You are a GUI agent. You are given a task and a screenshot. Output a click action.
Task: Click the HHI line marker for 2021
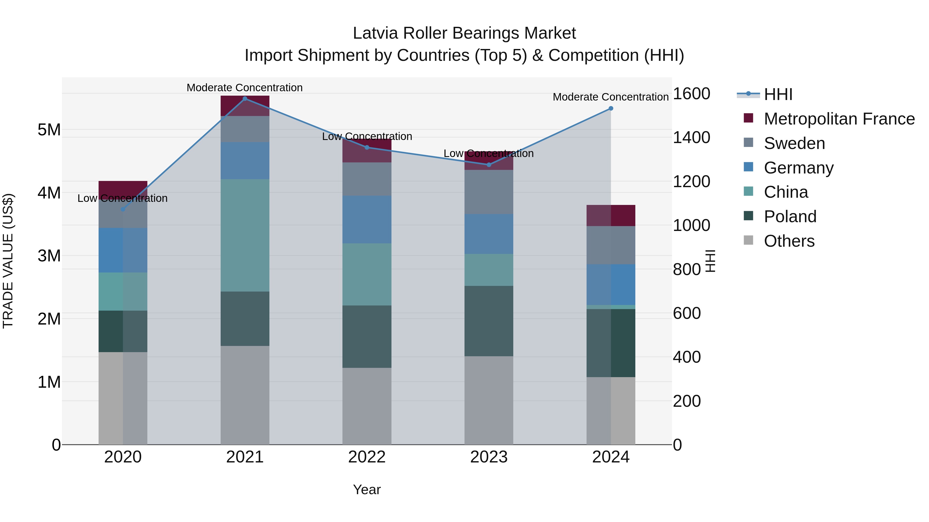pos(245,99)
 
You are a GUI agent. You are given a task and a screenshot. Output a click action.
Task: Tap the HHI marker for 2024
pos(611,109)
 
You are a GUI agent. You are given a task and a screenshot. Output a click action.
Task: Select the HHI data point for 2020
pos(123,209)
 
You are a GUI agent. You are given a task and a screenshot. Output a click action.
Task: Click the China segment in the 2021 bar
pos(245,235)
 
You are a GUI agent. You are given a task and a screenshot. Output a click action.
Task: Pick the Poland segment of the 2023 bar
pos(489,321)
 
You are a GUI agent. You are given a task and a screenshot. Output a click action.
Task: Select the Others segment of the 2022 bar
pos(367,406)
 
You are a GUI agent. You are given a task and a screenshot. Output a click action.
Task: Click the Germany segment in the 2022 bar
pos(367,219)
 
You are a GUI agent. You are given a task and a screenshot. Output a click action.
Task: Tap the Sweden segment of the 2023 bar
pos(489,192)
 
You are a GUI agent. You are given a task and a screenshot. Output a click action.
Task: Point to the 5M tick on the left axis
pos(49,130)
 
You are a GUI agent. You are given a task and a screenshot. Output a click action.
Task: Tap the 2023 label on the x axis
pos(489,457)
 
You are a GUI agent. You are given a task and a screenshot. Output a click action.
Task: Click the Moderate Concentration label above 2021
pos(245,88)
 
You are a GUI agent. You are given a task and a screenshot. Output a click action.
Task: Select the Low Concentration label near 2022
pos(367,137)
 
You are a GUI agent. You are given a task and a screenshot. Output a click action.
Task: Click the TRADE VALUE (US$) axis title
pos(8,261)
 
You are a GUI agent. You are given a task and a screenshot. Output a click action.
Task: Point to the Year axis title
pos(367,490)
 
